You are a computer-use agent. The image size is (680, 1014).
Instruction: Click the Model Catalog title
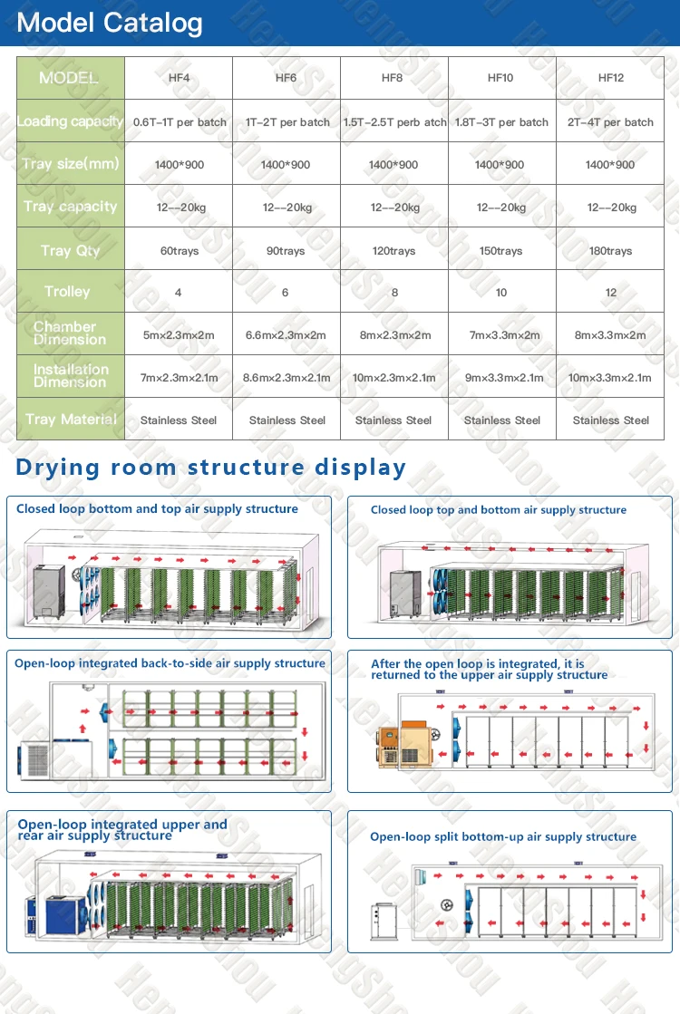110,23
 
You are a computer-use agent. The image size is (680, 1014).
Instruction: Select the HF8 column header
393,78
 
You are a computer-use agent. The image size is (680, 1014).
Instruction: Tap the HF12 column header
610,78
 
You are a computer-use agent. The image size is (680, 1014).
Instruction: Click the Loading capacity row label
70,121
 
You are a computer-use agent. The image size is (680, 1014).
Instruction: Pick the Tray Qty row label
70,250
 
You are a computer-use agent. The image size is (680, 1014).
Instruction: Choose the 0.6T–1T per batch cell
180,122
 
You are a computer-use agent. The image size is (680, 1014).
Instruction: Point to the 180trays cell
610,251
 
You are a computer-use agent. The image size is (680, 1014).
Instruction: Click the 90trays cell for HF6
286,251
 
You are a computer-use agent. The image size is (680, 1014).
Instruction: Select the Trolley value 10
501,293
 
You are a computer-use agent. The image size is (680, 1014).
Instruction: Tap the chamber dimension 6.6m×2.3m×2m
286,335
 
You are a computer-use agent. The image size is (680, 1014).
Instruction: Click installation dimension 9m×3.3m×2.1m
501,378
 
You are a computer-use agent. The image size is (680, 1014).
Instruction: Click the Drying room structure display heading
211,468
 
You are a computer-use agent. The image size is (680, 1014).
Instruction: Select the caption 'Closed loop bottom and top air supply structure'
157,509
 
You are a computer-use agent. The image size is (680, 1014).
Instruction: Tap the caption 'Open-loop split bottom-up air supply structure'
503,837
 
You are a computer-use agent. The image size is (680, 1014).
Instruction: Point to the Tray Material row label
71,420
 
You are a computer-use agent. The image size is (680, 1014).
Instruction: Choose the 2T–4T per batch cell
610,122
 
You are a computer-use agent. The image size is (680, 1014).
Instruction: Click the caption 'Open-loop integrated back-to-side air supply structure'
170,663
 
